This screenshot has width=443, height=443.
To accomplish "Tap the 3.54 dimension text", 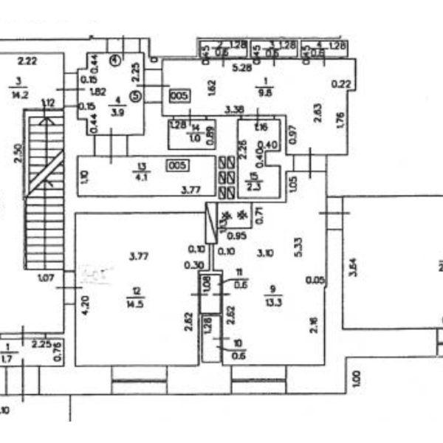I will (x=353, y=267).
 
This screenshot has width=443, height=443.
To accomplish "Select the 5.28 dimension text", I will (x=242, y=68).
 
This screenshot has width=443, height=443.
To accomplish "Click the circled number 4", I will (x=116, y=60).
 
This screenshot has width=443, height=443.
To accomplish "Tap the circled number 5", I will (x=134, y=94).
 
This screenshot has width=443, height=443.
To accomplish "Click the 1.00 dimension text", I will (x=356, y=380).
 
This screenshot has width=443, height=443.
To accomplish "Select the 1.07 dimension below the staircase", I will (x=47, y=278).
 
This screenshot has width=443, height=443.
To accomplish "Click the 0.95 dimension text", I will (x=236, y=236).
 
